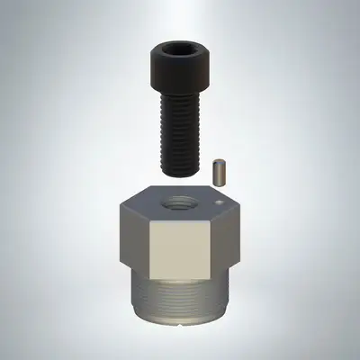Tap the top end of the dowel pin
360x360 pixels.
point(218,161)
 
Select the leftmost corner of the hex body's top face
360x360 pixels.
point(119,205)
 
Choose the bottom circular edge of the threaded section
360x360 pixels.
point(180,322)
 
